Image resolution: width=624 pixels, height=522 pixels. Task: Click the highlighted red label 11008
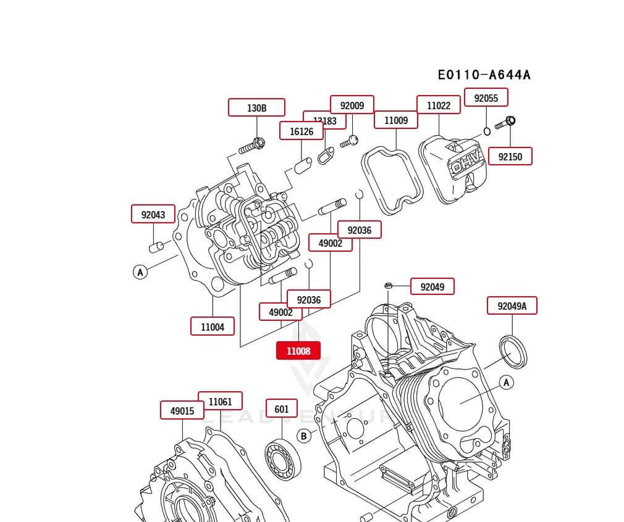pyautogui.click(x=298, y=350)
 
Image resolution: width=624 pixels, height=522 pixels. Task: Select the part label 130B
pyautogui.click(x=256, y=107)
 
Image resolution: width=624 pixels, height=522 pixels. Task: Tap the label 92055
pyautogui.click(x=491, y=97)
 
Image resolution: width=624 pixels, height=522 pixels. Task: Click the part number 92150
pyautogui.click(x=510, y=156)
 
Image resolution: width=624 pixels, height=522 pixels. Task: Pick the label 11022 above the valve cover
pyautogui.click(x=439, y=105)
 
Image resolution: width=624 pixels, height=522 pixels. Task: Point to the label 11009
pyautogui.click(x=396, y=120)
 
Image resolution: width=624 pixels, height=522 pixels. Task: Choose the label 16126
pyautogui.click(x=301, y=131)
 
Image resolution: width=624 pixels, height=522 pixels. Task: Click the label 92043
pyautogui.click(x=153, y=214)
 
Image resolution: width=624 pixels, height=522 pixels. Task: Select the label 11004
pyautogui.click(x=213, y=326)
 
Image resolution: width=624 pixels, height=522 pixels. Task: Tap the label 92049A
pyautogui.click(x=512, y=305)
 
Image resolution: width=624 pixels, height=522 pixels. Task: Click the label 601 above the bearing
pyautogui.click(x=282, y=408)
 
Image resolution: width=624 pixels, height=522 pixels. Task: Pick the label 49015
pyautogui.click(x=182, y=410)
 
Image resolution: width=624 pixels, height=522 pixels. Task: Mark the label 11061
pyautogui.click(x=220, y=401)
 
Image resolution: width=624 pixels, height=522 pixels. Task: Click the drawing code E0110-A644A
pyautogui.click(x=484, y=75)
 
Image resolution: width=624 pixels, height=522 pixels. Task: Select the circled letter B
pyautogui.click(x=304, y=436)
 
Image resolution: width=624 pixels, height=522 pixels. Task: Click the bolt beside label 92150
pyautogui.click(x=504, y=123)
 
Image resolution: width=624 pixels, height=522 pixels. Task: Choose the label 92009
pyautogui.click(x=352, y=105)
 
